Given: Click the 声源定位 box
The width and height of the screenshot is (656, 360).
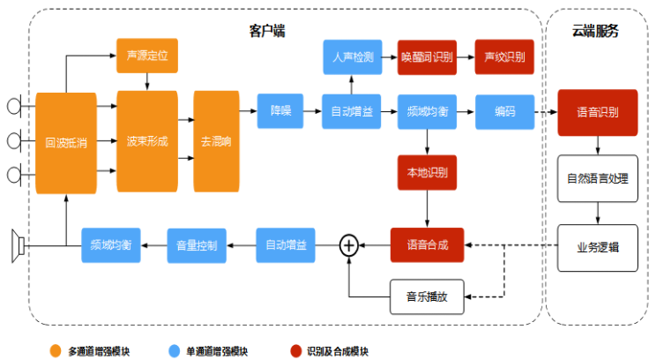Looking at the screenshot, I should tap(146, 56).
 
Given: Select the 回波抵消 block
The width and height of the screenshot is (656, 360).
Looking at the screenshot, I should tap(66, 142).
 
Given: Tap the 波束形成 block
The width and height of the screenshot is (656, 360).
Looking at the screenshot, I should tap(146, 141).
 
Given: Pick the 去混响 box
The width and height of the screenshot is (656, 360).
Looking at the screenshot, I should tap(217, 141).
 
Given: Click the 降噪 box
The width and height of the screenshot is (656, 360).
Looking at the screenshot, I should tap(281, 111).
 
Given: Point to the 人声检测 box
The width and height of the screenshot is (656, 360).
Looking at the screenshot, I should tap(352, 57).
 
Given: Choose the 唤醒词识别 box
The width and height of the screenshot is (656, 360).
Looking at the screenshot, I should tap(428, 57).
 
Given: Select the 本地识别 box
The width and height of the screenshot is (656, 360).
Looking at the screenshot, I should tap(428, 172).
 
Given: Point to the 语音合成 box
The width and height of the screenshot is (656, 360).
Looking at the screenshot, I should tap(428, 244).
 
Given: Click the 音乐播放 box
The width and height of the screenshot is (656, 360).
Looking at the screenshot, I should tap(427, 296).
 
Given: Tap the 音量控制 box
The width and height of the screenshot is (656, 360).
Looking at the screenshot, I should tap(198, 244).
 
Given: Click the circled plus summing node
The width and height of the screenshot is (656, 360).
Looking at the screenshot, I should tap(349, 245).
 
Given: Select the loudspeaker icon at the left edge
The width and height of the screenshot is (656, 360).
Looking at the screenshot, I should tap(15, 245).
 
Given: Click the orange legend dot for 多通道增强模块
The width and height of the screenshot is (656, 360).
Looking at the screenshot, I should tap(55, 350).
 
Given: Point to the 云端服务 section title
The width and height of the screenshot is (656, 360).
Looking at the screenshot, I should tap(595, 30).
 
